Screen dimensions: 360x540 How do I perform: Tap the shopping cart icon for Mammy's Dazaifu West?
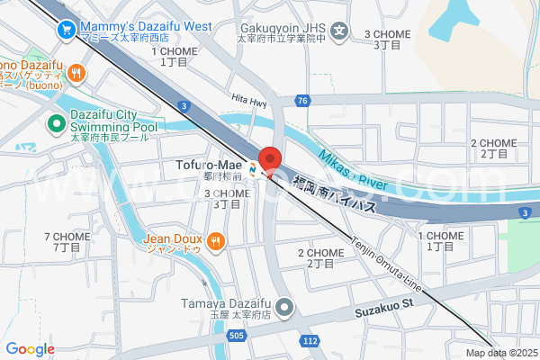[x=66, y=30]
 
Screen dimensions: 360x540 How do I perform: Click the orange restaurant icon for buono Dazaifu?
[x=78, y=74]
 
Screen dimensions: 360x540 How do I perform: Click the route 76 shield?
[x=301, y=101]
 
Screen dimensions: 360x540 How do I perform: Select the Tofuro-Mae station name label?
[x=211, y=165]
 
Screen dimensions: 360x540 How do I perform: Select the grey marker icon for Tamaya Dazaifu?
[x=285, y=310]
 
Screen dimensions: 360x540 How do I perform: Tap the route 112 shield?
[x=310, y=341]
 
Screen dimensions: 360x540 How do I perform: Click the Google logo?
[x=30, y=349]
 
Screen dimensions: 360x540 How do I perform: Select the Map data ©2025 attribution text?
[x=500, y=352]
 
